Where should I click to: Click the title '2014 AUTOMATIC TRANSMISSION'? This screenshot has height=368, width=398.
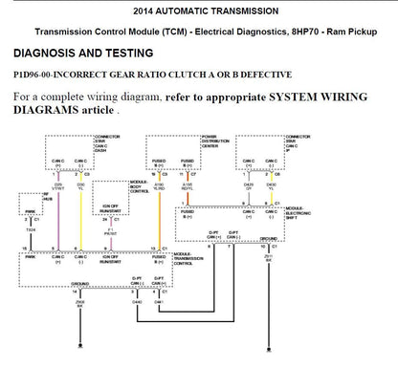coord(198,11)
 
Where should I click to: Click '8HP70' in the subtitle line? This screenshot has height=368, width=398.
coord(312,31)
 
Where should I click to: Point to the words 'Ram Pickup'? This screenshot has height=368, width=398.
coord(358,31)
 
